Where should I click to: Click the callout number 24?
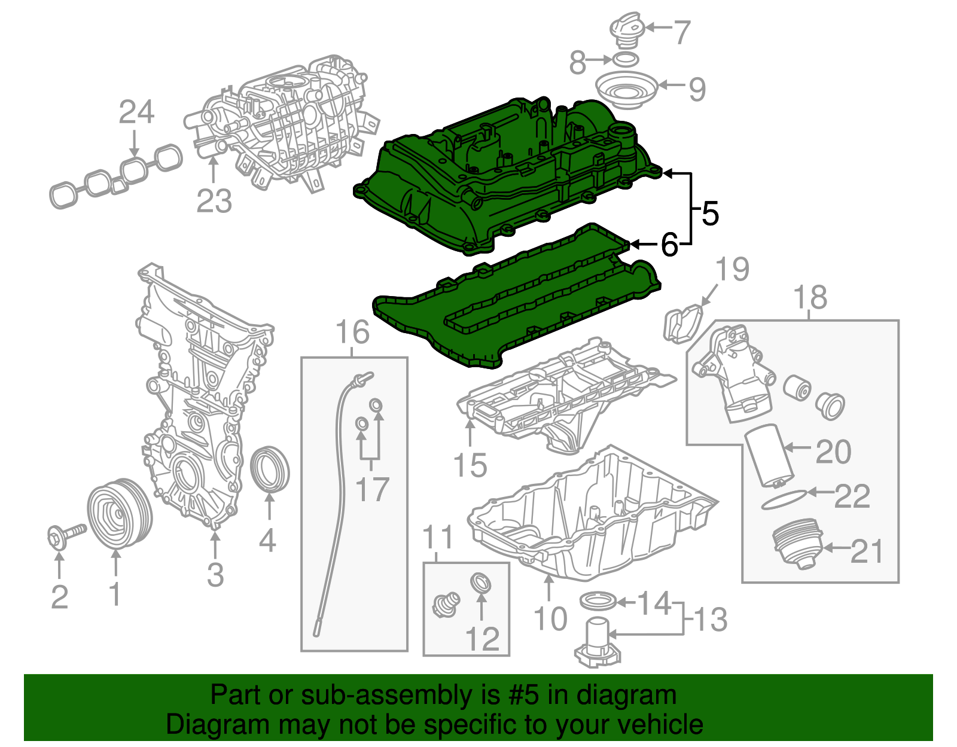pos(136,112)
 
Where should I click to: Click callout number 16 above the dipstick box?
pos(352,333)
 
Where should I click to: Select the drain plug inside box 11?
pos(446,604)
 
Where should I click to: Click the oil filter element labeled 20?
pos(769,455)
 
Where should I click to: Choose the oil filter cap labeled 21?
pos(797,545)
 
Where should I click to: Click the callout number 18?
pos(810,297)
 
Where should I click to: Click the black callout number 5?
pos(710,214)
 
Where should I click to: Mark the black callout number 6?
pos(669,245)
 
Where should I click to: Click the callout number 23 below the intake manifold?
pos(214,201)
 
